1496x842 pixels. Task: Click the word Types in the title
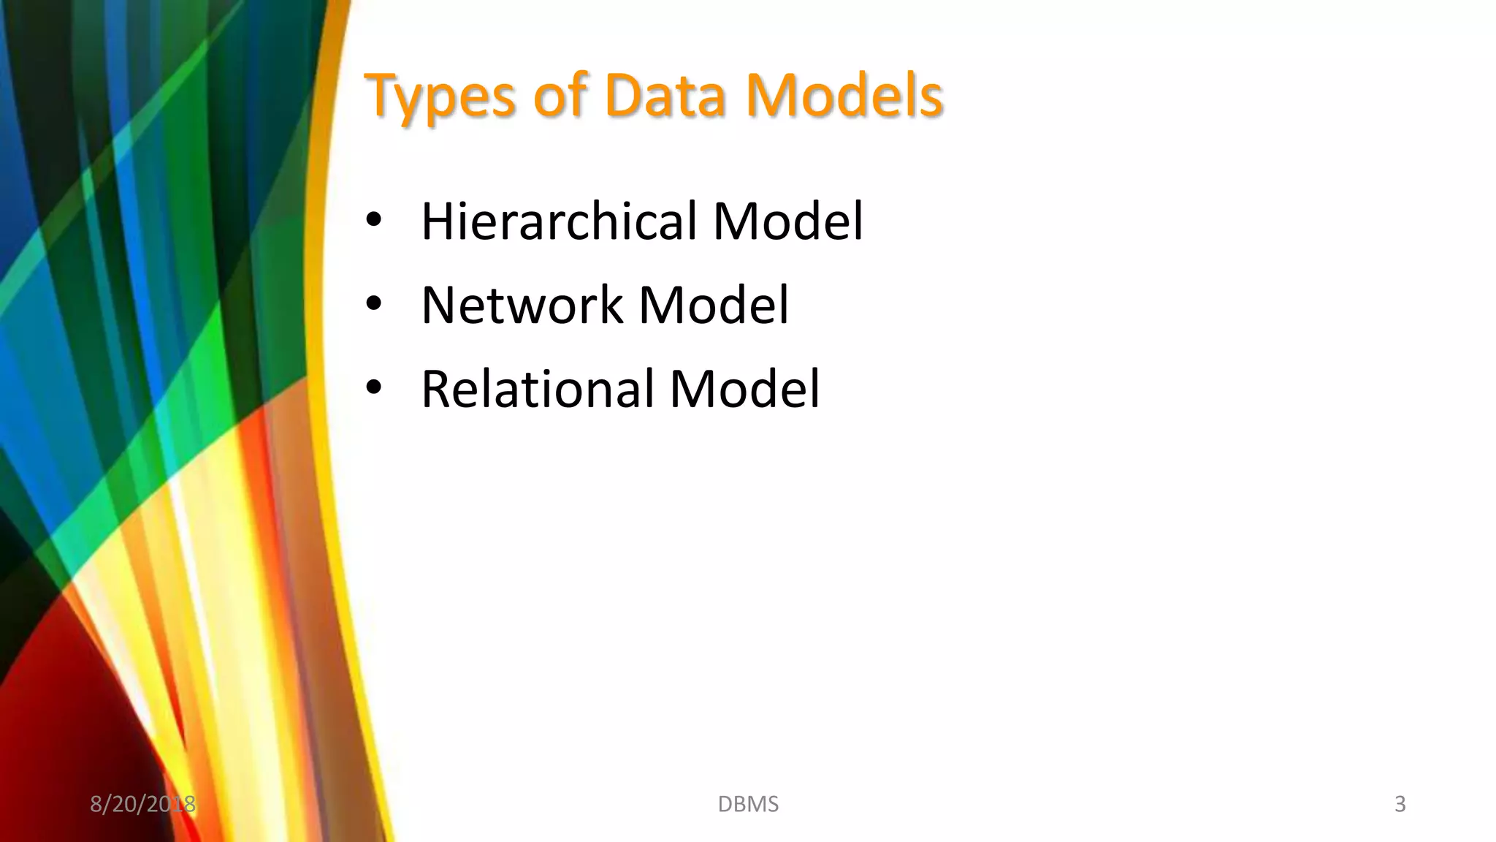[x=440, y=96]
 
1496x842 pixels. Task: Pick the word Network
[x=522, y=305]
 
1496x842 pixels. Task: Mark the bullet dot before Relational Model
[x=374, y=387]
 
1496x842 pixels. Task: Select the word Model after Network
[x=714, y=305]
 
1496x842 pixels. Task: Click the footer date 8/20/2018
[x=142, y=804]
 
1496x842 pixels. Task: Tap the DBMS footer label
[x=748, y=804]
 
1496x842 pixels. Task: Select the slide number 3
[x=1400, y=804]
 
